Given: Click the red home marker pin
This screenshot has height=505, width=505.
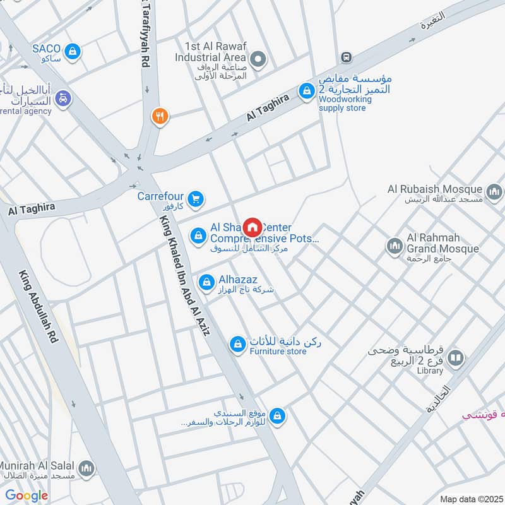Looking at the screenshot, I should [x=252, y=226].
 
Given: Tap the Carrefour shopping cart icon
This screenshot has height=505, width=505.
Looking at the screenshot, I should [x=196, y=199].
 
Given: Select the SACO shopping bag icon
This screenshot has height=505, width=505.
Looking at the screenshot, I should [x=73, y=50].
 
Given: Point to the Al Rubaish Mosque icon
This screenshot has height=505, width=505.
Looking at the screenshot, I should [x=494, y=191].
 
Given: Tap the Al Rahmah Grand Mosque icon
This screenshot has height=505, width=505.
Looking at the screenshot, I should [x=395, y=245].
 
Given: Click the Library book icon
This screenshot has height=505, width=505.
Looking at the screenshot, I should [x=456, y=359].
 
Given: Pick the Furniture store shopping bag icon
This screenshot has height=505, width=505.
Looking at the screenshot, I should [x=237, y=344].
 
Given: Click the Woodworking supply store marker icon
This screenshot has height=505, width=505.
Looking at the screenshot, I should [x=307, y=92].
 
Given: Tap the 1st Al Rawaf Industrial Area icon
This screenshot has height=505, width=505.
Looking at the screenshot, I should [x=258, y=60].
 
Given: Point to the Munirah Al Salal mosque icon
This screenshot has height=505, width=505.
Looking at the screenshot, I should [x=88, y=468].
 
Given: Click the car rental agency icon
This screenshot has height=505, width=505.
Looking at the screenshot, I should [x=63, y=98].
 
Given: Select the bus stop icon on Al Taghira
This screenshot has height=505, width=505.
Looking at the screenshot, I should [x=345, y=57].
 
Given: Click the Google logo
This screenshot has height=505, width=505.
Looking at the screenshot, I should [x=27, y=496].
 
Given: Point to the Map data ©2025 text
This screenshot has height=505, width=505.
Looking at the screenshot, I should [x=470, y=499].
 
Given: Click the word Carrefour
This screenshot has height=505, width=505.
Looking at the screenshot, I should [x=161, y=196].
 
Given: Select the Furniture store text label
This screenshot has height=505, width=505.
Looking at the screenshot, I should [x=278, y=351].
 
